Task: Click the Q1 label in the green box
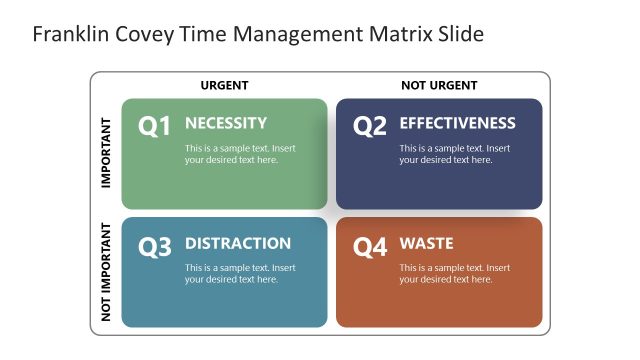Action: (154, 127)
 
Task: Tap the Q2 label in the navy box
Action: (370, 127)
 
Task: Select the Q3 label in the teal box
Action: (155, 247)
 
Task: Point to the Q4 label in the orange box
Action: (370, 247)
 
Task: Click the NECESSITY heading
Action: (226, 123)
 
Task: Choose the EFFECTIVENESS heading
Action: (457, 123)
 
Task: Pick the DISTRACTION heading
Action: (238, 243)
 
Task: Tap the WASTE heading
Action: (426, 243)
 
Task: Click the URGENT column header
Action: (224, 86)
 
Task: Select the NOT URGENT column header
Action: (439, 86)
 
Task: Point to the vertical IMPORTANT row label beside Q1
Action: (106, 154)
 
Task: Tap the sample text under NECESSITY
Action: (240, 154)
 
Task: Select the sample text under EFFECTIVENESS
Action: (455, 154)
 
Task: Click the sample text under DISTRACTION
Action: (240, 274)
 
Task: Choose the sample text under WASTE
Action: (455, 274)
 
